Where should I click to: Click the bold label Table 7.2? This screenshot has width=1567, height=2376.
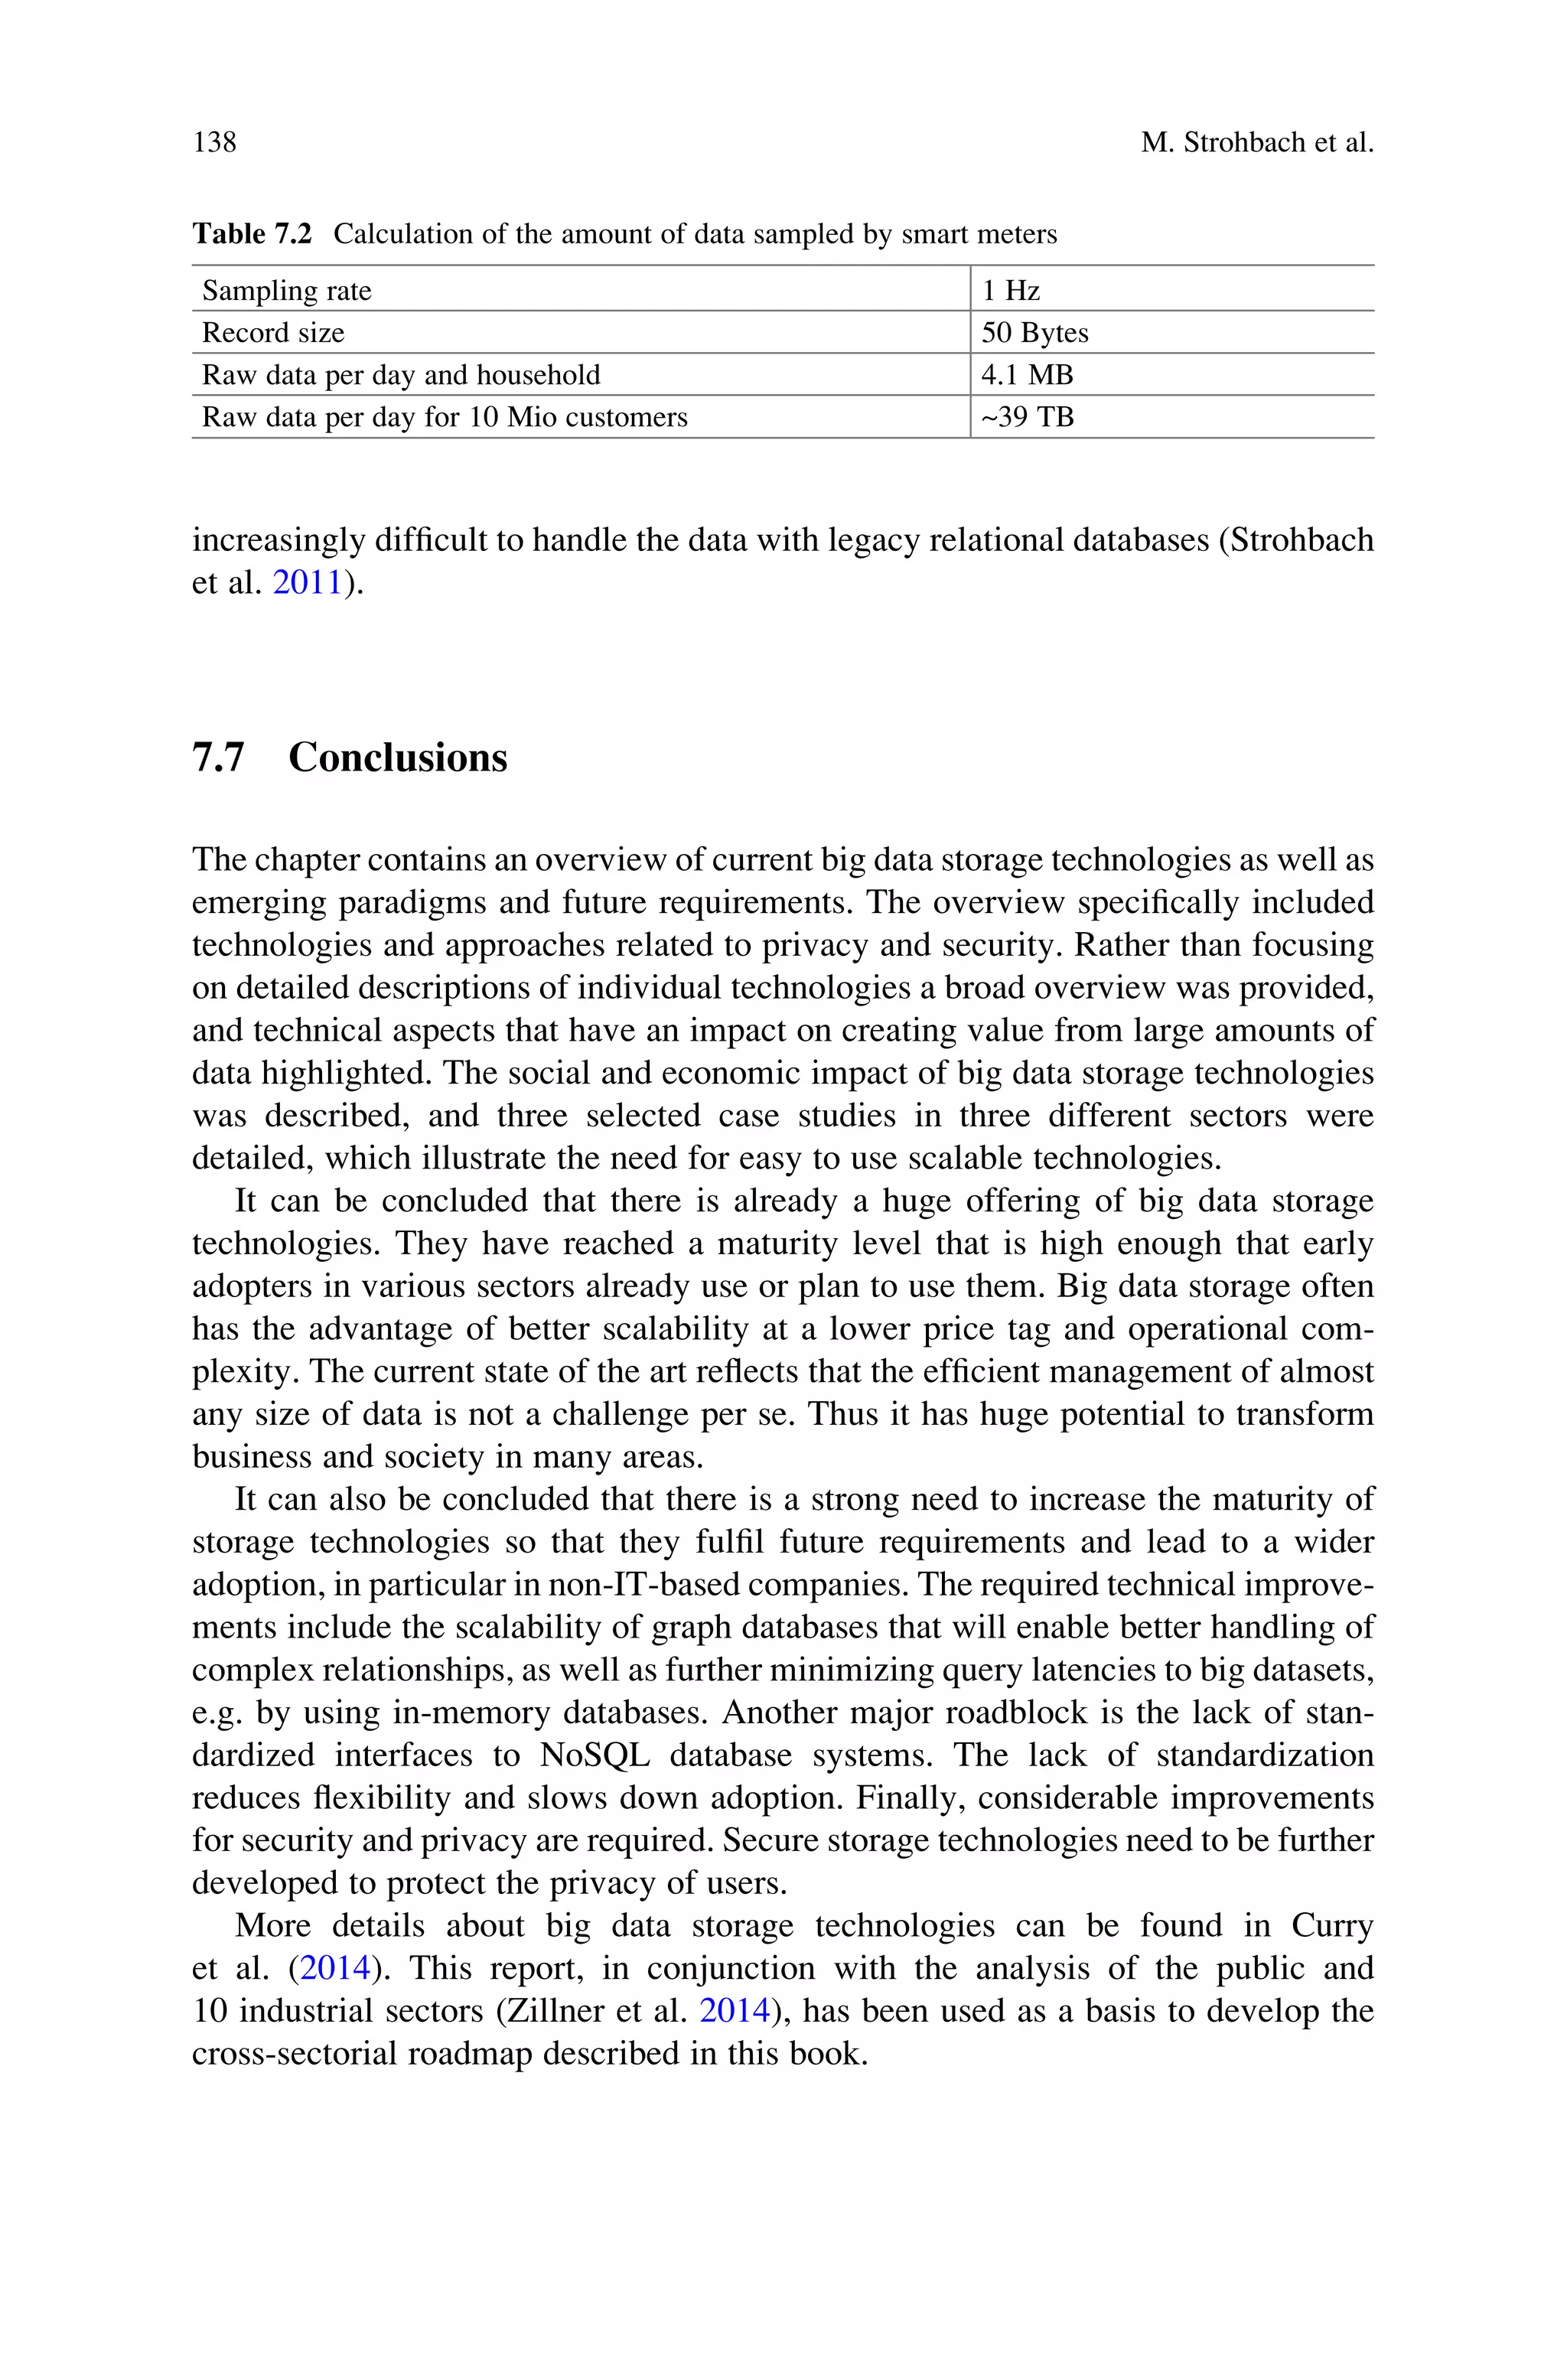click(x=252, y=234)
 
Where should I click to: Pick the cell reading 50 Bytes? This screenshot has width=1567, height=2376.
click(x=1034, y=333)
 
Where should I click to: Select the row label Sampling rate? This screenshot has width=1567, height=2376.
click(x=286, y=291)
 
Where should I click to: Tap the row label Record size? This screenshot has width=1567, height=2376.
click(x=273, y=333)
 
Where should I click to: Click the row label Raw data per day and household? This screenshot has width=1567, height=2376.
click(x=401, y=375)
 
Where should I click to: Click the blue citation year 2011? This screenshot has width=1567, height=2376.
click(x=308, y=582)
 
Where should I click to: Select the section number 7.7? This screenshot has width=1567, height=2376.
click(x=218, y=758)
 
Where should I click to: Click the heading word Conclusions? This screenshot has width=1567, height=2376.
click(x=398, y=758)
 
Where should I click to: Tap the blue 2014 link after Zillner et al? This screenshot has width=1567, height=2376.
click(x=735, y=2010)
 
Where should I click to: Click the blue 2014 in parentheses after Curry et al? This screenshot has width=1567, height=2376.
click(x=336, y=1967)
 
